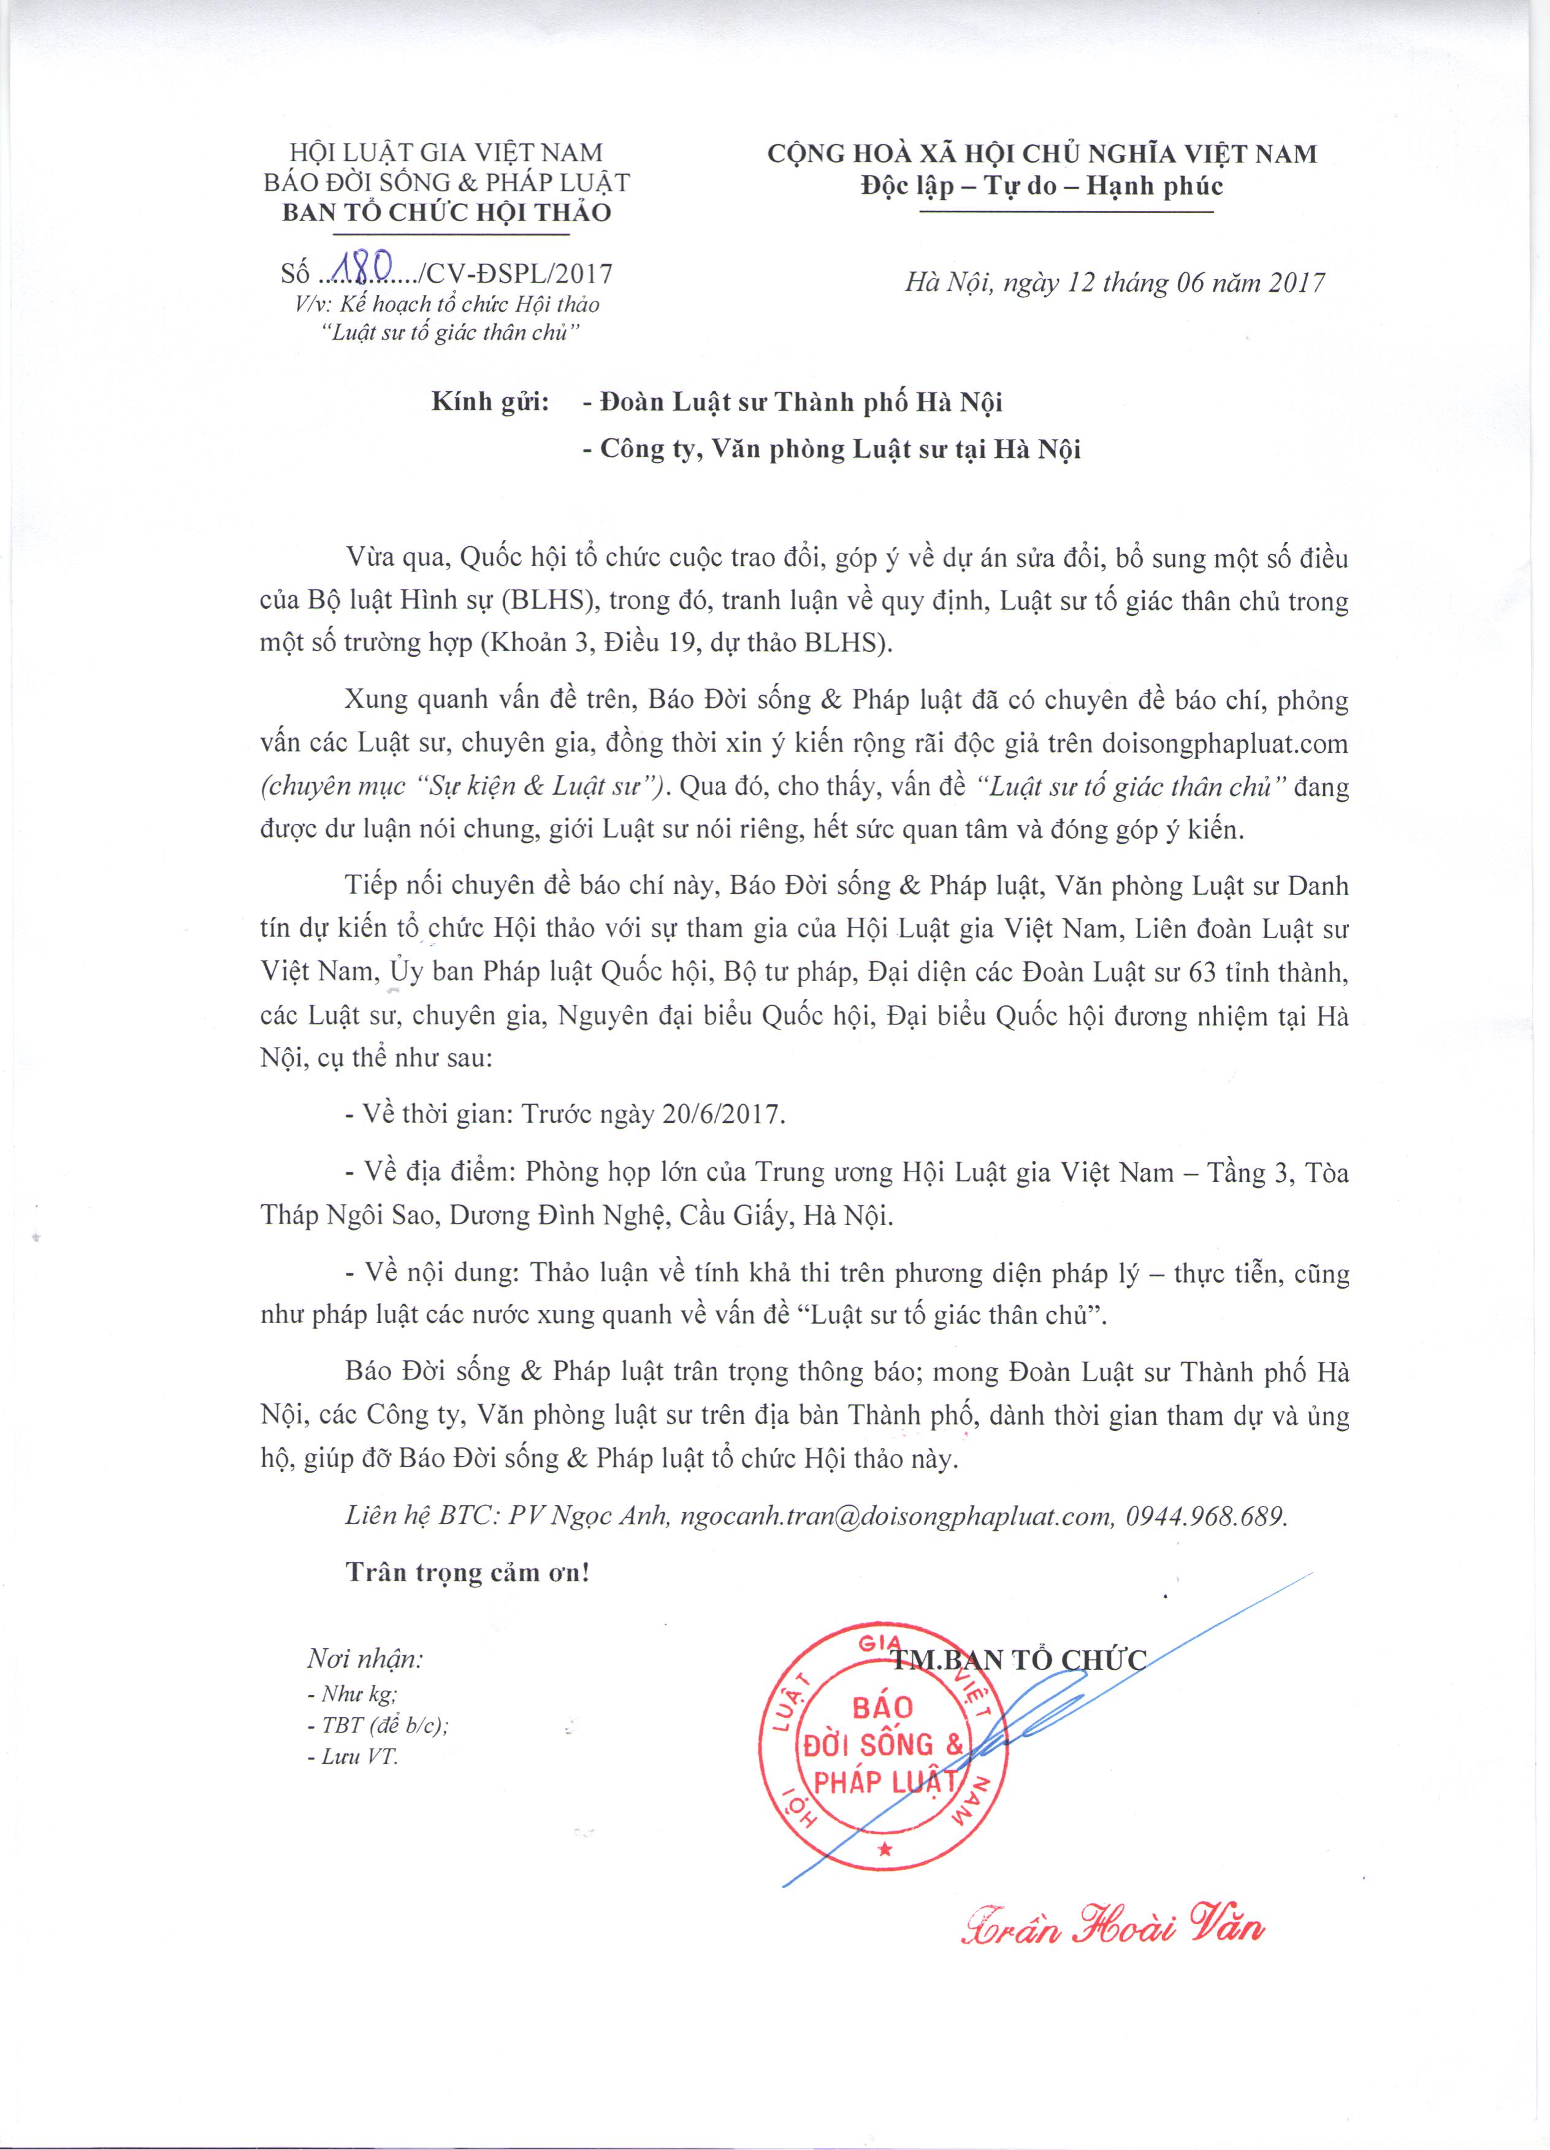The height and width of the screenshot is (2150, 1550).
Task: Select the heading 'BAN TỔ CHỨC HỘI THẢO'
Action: tap(446, 212)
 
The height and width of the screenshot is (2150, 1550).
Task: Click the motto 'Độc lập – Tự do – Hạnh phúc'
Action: tap(1042, 185)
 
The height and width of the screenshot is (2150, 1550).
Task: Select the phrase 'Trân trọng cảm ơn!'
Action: tap(467, 1572)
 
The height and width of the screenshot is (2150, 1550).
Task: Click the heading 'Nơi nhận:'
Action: tap(365, 1659)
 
